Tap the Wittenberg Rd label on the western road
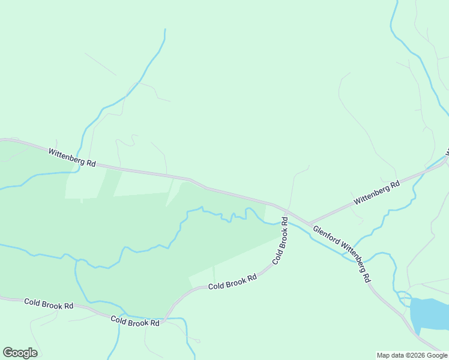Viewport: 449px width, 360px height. tap(72, 158)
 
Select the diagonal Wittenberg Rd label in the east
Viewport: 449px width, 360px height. tap(377, 193)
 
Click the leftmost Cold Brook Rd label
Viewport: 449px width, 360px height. tap(49, 303)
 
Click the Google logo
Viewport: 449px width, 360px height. tap(20, 353)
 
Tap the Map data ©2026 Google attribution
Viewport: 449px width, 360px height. tap(412, 355)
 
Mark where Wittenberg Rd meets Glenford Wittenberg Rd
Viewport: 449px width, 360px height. tap(309, 224)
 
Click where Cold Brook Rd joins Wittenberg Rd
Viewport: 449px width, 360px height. tap(288, 212)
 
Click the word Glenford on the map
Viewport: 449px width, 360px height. tap(326, 236)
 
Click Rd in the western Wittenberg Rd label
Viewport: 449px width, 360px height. tap(91, 163)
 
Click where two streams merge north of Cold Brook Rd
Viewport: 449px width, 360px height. tap(77, 261)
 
